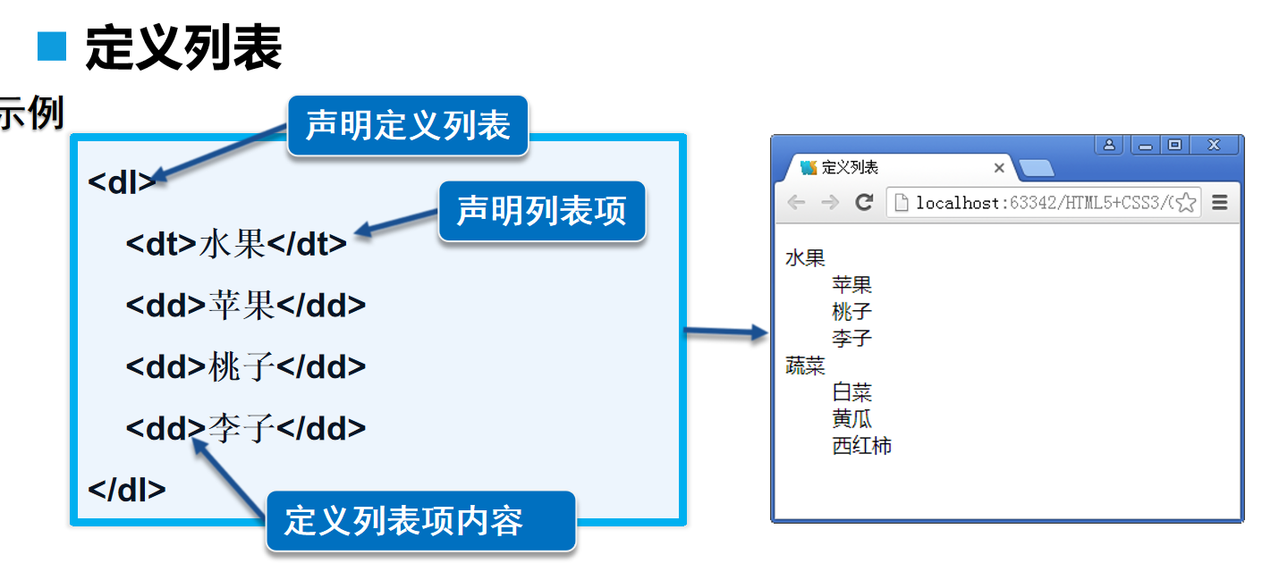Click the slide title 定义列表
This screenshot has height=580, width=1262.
[183, 48]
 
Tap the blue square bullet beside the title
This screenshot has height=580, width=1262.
[52, 46]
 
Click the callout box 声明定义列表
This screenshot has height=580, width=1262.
[407, 125]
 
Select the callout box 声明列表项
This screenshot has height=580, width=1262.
[541, 211]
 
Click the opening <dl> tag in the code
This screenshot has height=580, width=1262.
[122, 181]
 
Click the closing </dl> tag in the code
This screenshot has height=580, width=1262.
[127, 489]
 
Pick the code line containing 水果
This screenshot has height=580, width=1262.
[236, 243]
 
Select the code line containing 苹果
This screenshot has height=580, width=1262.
[246, 305]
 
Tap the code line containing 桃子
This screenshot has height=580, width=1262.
[246, 366]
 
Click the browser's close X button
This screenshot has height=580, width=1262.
[1214, 145]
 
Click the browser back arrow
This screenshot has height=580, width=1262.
[795, 203]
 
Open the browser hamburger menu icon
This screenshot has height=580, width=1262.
[1220, 203]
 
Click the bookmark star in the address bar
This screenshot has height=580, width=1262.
[1186, 203]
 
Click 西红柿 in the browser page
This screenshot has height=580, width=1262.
[861, 445]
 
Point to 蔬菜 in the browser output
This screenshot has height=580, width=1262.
[805, 366]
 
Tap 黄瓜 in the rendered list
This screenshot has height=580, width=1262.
[851, 418]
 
